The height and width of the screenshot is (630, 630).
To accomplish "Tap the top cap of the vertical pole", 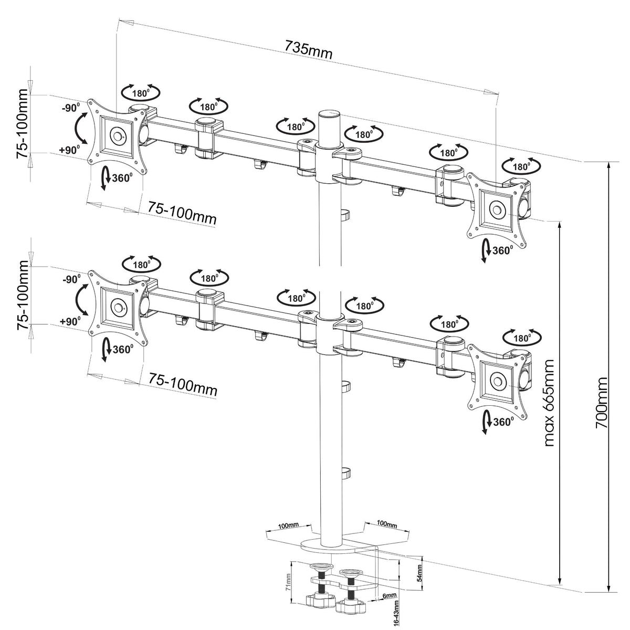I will coord(329,113).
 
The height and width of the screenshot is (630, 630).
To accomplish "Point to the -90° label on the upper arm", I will coord(70,109).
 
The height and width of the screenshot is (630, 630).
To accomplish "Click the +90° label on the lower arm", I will coord(69,320).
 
